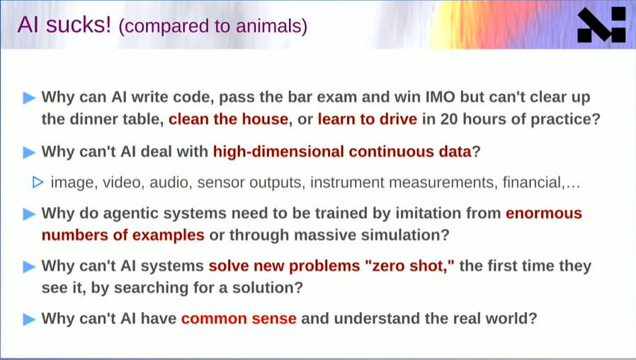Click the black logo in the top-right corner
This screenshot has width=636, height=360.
pos(601,25)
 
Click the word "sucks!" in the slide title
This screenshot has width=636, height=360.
pos(79,25)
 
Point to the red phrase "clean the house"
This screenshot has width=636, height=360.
pos(228,119)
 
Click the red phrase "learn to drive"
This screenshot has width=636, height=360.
pos(367,119)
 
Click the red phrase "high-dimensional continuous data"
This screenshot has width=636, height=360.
pos(342,152)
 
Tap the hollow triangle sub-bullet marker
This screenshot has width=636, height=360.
pos(38,182)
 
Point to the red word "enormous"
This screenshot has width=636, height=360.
pos(544,213)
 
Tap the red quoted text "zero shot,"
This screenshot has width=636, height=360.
pos(409,266)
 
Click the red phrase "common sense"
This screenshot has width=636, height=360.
pos(239,319)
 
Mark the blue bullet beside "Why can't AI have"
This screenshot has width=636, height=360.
pos(29,319)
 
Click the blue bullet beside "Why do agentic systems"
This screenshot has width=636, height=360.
pos(29,214)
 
